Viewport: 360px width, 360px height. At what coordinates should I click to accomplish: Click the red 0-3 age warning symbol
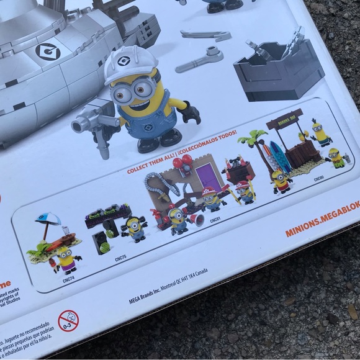(x=68, y=321)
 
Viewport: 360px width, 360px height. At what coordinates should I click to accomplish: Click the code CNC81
(x=215, y=220)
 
